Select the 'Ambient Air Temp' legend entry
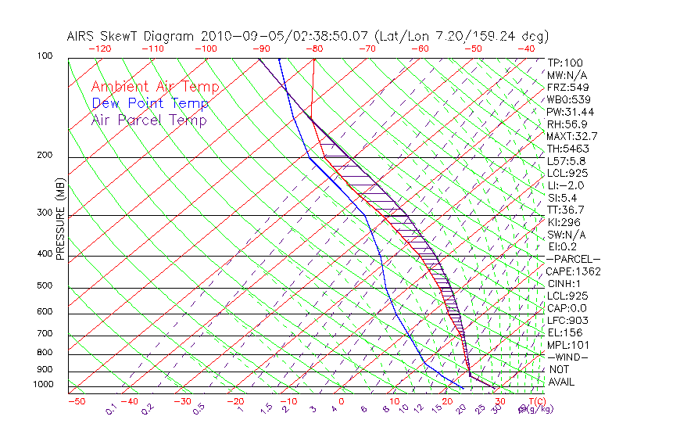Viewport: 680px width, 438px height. pyautogui.click(x=155, y=87)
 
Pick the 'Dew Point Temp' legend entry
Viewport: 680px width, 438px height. pyautogui.click(x=149, y=103)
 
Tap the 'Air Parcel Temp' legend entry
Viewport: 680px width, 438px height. pyautogui.click(x=149, y=120)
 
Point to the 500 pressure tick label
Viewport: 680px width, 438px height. pyautogui.click(x=45, y=286)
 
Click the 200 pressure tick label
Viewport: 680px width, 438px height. pyautogui.click(x=45, y=156)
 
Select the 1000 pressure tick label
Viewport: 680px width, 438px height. pyautogui.click(x=42, y=385)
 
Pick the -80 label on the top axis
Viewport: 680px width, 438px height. pyautogui.click(x=314, y=48)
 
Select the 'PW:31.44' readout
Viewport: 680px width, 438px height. pyautogui.click(x=570, y=112)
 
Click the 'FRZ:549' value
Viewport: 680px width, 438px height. pyautogui.click(x=567, y=88)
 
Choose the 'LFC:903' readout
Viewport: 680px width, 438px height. pyautogui.click(x=567, y=320)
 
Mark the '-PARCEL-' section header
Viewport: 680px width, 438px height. pyautogui.click(x=573, y=259)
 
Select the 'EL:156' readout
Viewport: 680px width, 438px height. pyautogui.click(x=564, y=332)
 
